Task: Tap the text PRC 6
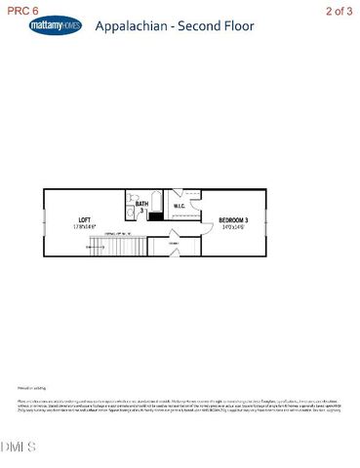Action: pos(20,10)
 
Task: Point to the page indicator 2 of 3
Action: pos(340,10)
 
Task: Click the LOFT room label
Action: pos(83,220)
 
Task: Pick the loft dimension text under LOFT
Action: pos(83,227)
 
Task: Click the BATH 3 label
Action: pos(142,207)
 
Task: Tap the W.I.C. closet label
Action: pos(180,207)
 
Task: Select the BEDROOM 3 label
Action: pos(233,220)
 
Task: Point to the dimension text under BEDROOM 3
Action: pos(233,227)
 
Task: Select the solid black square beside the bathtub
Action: pos(155,215)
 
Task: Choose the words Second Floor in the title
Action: pos(210,27)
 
